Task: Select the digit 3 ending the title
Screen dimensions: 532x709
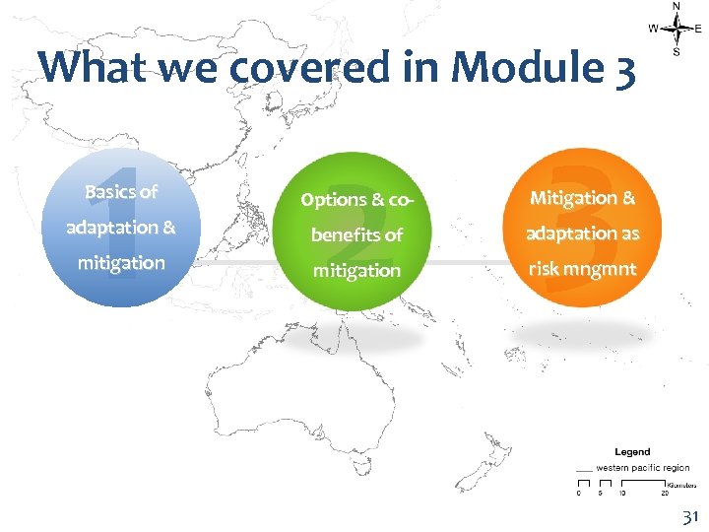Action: coord(624,67)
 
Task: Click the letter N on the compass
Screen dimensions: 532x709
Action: coord(676,6)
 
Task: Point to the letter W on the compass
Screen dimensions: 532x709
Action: coord(653,30)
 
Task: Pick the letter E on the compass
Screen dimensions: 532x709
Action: coord(698,30)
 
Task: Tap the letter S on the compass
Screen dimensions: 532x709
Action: coord(676,52)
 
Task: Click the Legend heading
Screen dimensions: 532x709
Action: coord(632,451)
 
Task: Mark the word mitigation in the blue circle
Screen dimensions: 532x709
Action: coord(121,263)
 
